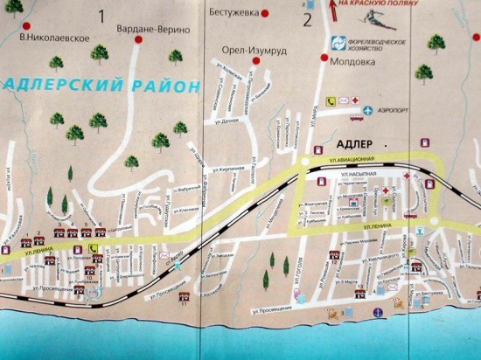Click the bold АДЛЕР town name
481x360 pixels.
point(354,142)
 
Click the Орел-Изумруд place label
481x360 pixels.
point(247,50)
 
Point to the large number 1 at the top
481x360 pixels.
point(103,15)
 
